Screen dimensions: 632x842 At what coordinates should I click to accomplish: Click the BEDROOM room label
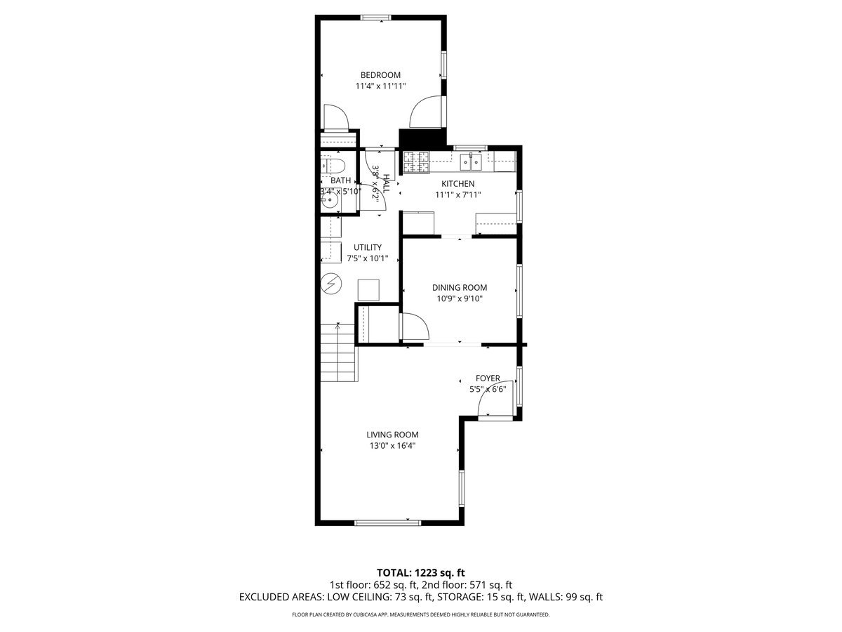[x=380, y=75]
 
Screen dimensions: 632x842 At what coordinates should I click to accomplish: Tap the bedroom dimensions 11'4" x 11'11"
[x=380, y=86]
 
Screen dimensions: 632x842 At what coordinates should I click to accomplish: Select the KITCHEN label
[x=457, y=184]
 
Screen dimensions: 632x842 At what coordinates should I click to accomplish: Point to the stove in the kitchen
[x=415, y=163]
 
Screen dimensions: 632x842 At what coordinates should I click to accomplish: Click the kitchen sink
[x=470, y=162]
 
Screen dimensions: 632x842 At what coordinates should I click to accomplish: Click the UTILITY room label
[x=368, y=247]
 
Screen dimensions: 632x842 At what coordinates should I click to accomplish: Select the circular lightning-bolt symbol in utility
[x=330, y=284]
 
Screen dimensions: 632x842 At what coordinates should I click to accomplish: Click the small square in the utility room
[x=368, y=289]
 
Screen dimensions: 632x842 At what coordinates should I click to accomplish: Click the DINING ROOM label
[x=459, y=287]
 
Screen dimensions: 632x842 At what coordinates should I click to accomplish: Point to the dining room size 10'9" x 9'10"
[x=459, y=298]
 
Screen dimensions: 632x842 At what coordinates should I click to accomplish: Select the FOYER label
[x=488, y=378]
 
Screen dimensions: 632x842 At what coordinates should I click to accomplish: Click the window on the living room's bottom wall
[x=387, y=522]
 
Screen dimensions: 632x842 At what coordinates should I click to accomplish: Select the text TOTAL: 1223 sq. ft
[x=421, y=572]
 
